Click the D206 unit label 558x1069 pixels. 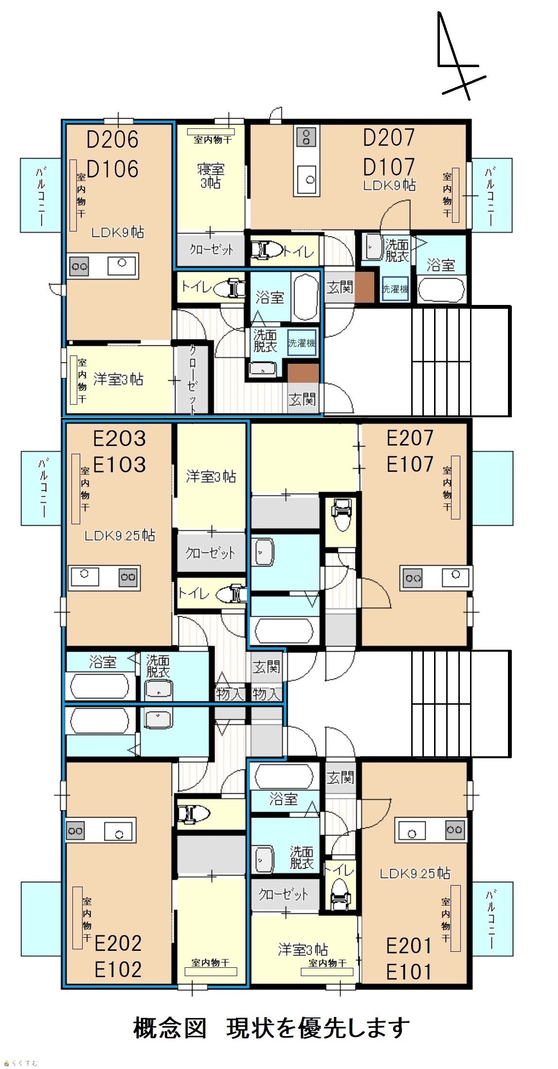pyautogui.click(x=112, y=140)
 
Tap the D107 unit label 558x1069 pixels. pyautogui.click(x=389, y=167)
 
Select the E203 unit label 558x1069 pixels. pyautogui.click(x=119, y=439)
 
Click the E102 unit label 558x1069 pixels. pyautogui.click(x=118, y=969)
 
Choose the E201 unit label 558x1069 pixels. pyautogui.click(x=409, y=946)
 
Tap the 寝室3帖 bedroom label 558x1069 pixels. pyautogui.click(x=210, y=176)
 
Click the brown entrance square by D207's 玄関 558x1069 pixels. pyautogui.click(x=365, y=287)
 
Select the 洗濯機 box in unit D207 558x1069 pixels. pyautogui.click(x=395, y=289)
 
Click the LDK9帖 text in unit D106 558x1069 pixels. pyautogui.click(x=118, y=232)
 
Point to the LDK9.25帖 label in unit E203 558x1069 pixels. pyautogui.click(x=120, y=535)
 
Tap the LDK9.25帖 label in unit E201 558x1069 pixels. pyautogui.click(x=415, y=873)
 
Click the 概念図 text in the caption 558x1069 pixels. pyautogui.click(x=170, y=1028)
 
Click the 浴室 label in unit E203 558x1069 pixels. pyautogui.click(x=103, y=661)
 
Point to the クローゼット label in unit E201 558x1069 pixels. pyautogui.click(x=283, y=893)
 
